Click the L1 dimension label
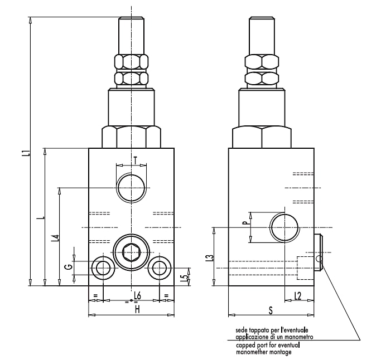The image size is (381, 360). click(28, 153)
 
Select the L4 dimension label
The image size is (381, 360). click(56, 238)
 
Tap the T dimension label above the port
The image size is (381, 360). click(136, 160)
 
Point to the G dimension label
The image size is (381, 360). click(69, 267)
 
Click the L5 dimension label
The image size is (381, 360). click(186, 279)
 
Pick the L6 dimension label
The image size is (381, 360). click(138, 296)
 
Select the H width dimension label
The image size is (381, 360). click(138, 310)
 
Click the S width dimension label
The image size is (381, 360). click(271, 310)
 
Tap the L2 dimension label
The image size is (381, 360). click(298, 296)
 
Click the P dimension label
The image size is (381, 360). click(247, 222)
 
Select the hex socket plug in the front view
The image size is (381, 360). click(131, 252)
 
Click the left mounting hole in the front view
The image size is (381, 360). click(103, 268)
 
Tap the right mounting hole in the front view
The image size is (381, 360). click(160, 268)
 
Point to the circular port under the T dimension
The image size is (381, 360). click(131, 188)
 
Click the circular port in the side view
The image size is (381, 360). click(284, 227)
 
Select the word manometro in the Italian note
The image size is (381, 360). click(300, 337)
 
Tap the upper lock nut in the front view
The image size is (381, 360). click(131, 62)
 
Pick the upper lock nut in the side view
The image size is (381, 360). click(262, 62)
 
